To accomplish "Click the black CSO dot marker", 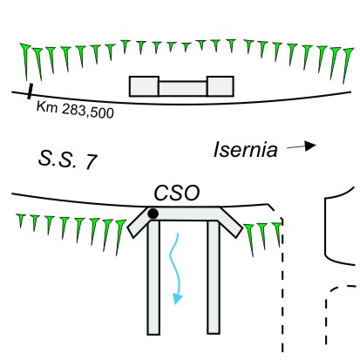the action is [153, 214].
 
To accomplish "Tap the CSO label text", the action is [177, 193].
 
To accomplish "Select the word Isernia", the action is [246, 150].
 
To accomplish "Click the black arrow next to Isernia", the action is [302, 146].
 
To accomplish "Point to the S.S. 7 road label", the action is [67, 160].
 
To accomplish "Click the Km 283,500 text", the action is [75, 110].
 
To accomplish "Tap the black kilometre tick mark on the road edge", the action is [30, 92].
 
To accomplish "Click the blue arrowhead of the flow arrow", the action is [177, 298].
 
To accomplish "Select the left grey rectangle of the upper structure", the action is [144, 86].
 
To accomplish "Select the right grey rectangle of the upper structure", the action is [220, 86].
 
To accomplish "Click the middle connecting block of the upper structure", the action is [183, 89].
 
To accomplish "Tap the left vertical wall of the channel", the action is [153, 277].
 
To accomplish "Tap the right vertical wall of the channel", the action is [214, 277].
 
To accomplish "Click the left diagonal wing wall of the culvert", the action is [139, 222].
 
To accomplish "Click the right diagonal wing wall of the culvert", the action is [230, 222].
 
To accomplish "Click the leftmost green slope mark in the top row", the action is [25, 61].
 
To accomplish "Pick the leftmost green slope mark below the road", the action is [21, 221].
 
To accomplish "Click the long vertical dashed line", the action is [282, 285].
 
